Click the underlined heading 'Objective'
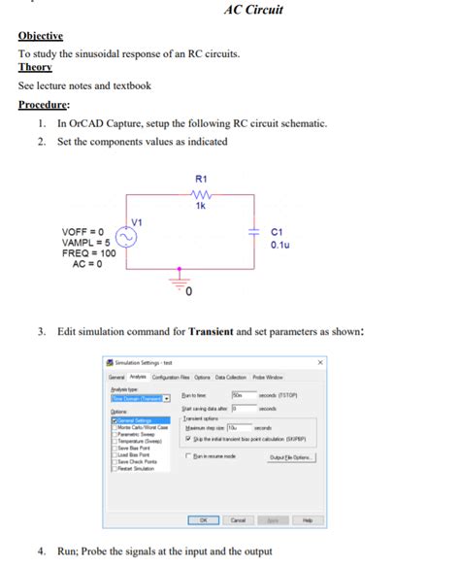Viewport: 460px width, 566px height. [40, 36]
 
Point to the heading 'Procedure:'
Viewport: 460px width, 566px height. [44, 105]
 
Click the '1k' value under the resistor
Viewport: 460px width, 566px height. [200, 207]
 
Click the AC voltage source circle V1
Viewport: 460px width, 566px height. [127, 238]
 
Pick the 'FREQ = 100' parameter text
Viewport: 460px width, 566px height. [88, 253]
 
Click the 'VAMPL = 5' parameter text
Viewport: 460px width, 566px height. [86, 243]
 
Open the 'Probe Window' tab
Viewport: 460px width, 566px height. [269, 377]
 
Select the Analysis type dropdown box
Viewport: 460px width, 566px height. [140, 397]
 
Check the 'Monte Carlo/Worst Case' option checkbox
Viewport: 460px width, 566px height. [114, 427]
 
